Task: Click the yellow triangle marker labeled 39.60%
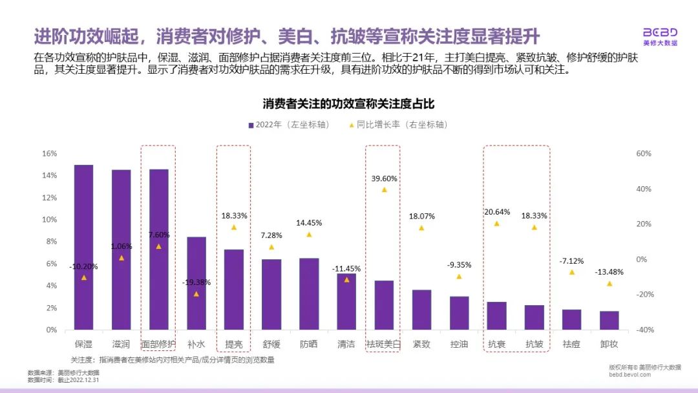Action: (x=384, y=189)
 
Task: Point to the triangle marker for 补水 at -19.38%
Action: (x=196, y=294)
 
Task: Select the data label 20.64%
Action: (x=497, y=211)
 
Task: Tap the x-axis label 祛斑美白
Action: (x=383, y=344)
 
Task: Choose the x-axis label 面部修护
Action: (x=158, y=344)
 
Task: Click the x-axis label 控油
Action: (x=459, y=344)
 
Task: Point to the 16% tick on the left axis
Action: (x=50, y=154)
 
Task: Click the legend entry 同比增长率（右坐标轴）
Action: (x=401, y=125)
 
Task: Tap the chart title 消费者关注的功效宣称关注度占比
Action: (x=348, y=103)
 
